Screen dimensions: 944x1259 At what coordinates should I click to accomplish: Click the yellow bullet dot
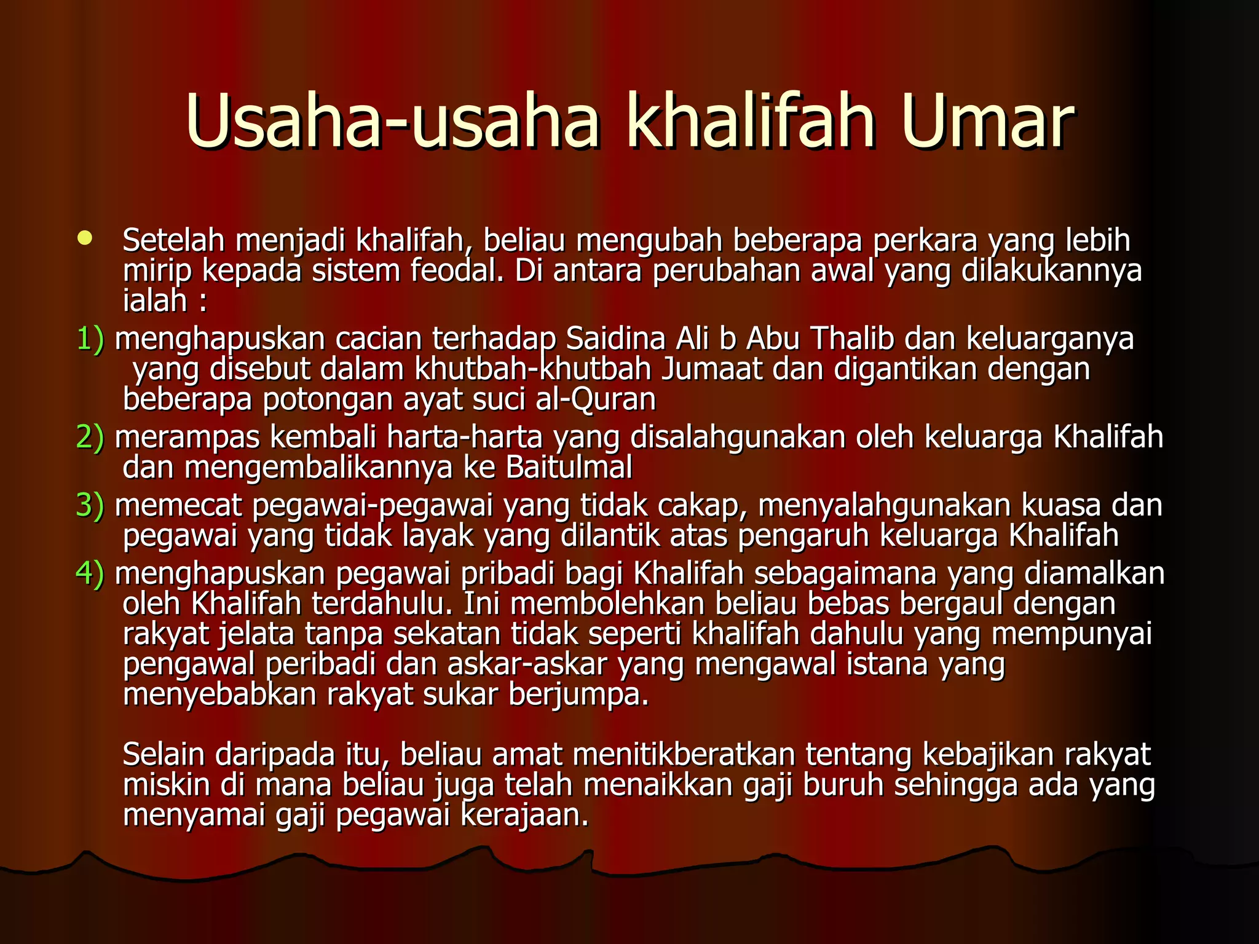(x=85, y=238)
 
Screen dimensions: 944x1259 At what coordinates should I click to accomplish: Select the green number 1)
(x=90, y=339)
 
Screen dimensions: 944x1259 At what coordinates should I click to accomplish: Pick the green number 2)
(x=90, y=438)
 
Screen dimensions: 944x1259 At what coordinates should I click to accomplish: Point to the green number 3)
(x=90, y=506)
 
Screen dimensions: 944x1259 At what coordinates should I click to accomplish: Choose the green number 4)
(x=90, y=573)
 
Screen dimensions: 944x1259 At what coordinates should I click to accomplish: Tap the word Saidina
(x=615, y=339)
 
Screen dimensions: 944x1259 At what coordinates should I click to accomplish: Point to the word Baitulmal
(x=569, y=468)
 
